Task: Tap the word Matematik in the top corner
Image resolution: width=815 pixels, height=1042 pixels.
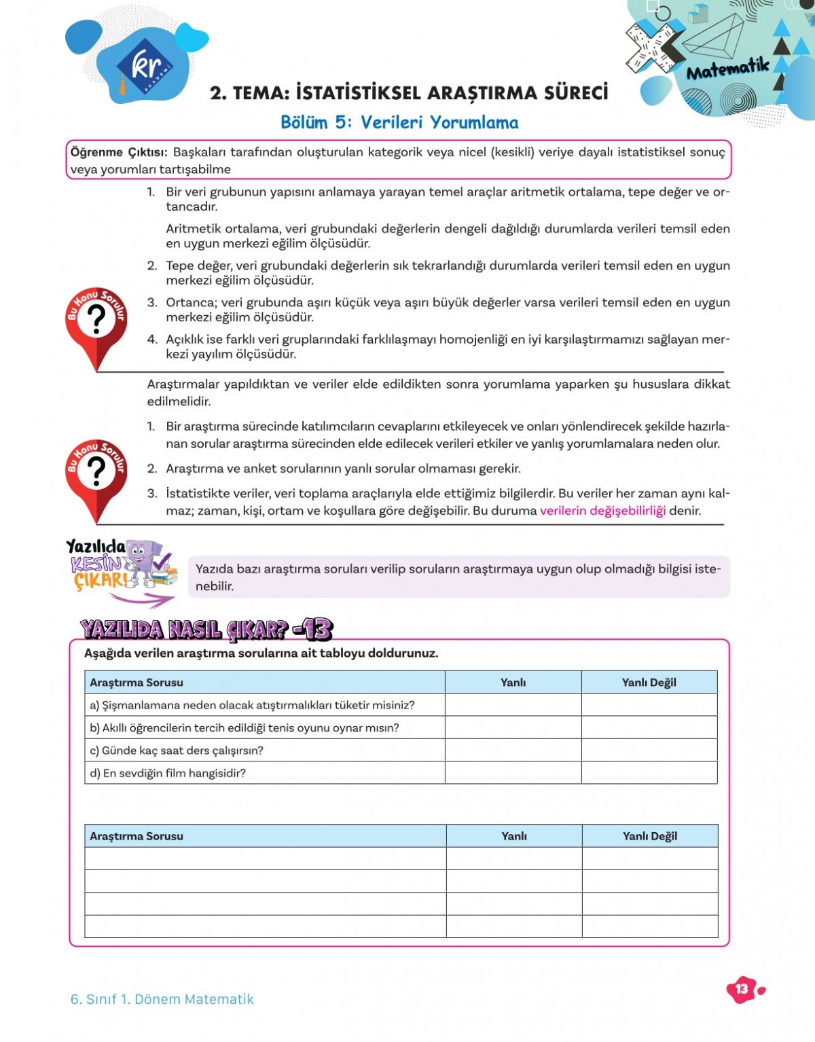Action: click(727, 69)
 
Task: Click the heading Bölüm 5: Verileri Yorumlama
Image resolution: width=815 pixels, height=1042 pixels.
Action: click(399, 122)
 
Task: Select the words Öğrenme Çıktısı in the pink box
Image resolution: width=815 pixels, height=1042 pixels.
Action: click(119, 152)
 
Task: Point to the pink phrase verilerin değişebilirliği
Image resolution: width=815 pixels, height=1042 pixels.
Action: click(602, 511)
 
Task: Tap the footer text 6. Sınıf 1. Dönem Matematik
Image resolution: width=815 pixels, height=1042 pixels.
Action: click(162, 999)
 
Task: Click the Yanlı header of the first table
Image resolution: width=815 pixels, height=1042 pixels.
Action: click(513, 683)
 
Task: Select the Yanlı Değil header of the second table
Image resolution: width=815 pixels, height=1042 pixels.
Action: click(649, 836)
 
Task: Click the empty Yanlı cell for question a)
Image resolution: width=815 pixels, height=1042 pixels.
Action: click(513, 705)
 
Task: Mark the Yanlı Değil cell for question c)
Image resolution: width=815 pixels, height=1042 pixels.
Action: click(649, 751)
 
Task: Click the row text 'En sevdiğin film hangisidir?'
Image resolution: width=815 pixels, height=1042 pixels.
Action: click(174, 773)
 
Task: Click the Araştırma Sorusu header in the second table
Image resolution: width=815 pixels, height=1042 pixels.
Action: click(137, 836)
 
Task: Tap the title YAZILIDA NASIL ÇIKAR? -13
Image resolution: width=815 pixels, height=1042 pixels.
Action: click(206, 630)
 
